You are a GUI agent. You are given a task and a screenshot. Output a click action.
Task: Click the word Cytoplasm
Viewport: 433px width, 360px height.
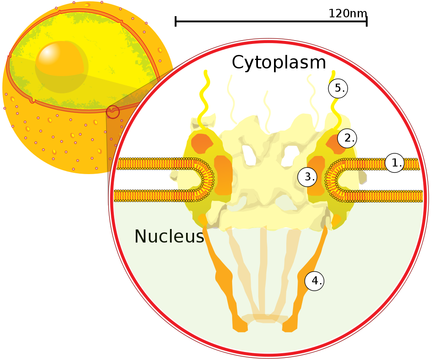(279, 63)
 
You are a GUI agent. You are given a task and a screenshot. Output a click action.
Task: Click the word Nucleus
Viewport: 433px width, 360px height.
(169, 237)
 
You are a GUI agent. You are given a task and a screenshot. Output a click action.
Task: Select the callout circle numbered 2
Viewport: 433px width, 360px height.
(347, 138)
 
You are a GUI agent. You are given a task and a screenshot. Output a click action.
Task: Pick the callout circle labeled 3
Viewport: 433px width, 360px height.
(307, 177)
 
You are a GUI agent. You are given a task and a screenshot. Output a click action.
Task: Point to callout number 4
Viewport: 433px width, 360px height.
(314, 281)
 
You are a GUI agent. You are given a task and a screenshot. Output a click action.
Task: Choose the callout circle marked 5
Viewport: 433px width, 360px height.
(338, 88)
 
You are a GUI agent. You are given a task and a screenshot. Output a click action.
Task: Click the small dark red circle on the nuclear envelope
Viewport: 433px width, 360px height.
(113, 112)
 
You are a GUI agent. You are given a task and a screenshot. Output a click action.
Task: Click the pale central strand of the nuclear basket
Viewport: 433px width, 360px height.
(263, 275)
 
